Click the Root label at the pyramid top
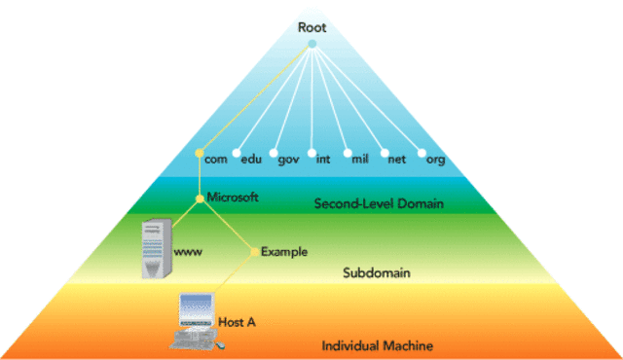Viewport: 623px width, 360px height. pos(311,27)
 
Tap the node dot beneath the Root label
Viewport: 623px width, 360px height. pos(311,44)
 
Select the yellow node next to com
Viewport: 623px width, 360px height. pos(199,154)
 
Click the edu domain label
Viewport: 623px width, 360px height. pos(252,159)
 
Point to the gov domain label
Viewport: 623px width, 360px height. pos(289,159)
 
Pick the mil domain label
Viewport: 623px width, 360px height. pos(359,159)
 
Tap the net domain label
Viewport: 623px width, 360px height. pos(396,159)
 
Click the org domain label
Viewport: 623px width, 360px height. pos(435,159)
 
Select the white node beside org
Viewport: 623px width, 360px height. pos(421,154)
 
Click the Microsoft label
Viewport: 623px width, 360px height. pos(233,197)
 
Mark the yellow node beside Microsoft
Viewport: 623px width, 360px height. pos(200,198)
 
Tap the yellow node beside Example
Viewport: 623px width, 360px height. pos(255,252)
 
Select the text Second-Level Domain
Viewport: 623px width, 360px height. pos(379,204)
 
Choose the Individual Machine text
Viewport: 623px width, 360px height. pos(378,346)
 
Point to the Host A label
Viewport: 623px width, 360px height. pos(238,321)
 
